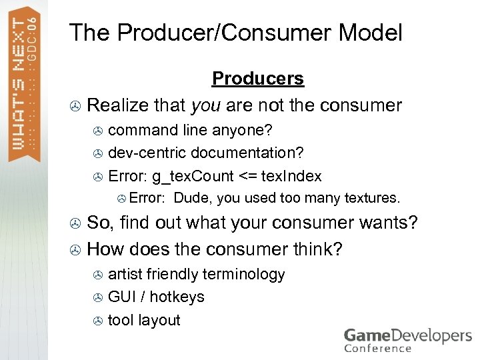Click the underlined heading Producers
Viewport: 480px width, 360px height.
tap(257, 79)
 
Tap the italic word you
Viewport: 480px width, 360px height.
tap(206, 105)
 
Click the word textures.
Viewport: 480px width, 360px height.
tap(373, 198)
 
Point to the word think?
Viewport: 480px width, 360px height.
tap(317, 249)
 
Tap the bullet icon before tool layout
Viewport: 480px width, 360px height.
tap(97, 321)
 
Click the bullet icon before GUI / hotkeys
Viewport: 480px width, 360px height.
tap(97, 298)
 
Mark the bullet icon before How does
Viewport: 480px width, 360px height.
tap(76, 251)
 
